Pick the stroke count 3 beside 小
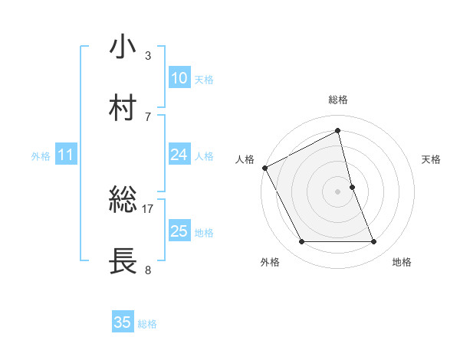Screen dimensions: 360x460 coord(148,55)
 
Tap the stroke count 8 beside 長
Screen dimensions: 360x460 coord(148,270)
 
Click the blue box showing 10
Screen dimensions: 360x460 coord(179,78)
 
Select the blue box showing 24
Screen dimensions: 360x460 coord(179,155)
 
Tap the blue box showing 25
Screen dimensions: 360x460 coord(179,231)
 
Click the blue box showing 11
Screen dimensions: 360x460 coord(65,155)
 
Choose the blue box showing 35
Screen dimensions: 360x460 coord(123,322)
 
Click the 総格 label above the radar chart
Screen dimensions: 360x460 coord(338,100)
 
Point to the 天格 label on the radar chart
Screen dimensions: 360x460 coord(431,159)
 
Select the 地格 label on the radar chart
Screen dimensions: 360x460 coord(402,262)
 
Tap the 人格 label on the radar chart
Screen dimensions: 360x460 coord(245,159)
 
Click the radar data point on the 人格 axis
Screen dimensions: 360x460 coord(264,167)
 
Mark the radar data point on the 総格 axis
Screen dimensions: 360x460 coord(338,131)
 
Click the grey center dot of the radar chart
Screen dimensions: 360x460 coord(338,191)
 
